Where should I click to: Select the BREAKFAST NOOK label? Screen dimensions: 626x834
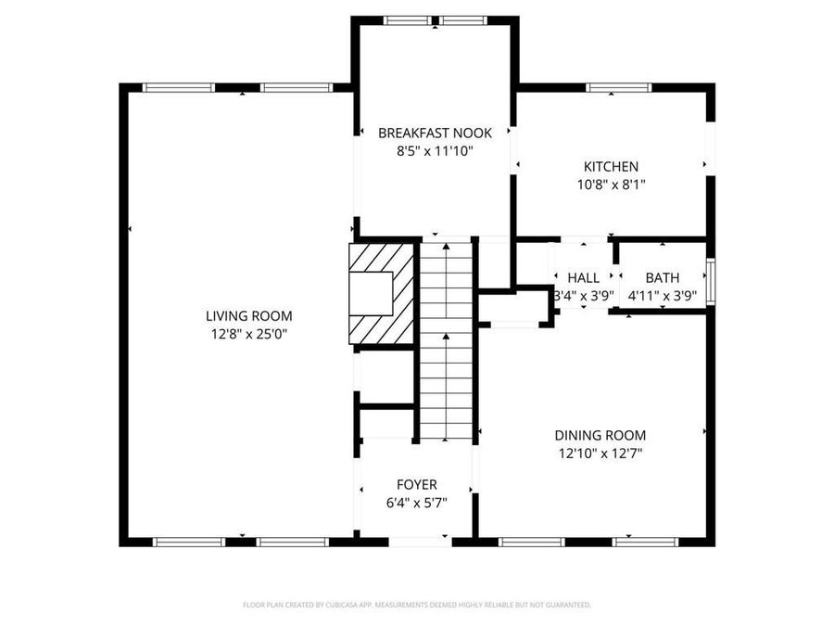pyautogui.click(x=435, y=133)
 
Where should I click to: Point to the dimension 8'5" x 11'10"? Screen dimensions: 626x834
pyautogui.click(x=435, y=150)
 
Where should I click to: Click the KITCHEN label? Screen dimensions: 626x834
pyautogui.click(x=610, y=167)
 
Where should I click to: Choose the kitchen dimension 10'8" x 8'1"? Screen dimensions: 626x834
pyautogui.click(x=610, y=185)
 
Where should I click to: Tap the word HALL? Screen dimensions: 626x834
pyautogui.click(x=583, y=277)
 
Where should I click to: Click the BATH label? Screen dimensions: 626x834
pyautogui.click(x=662, y=277)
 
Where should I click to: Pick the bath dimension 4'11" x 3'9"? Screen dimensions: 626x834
pyautogui.click(x=662, y=296)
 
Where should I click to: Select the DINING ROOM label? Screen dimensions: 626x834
pyautogui.click(x=600, y=435)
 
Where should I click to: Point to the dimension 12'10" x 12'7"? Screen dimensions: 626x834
pyautogui.click(x=600, y=454)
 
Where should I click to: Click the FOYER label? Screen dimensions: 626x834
pyautogui.click(x=416, y=484)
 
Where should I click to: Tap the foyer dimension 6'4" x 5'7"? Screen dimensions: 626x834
pyautogui.click(x=416, y=503)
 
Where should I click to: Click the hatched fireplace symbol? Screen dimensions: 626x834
pyautogui.click(x=380, y=292)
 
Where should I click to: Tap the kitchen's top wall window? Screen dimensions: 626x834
pyautogui.click(x=616, y=88)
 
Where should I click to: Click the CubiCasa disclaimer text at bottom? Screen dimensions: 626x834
pyautogui.click(x=416, y=605)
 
